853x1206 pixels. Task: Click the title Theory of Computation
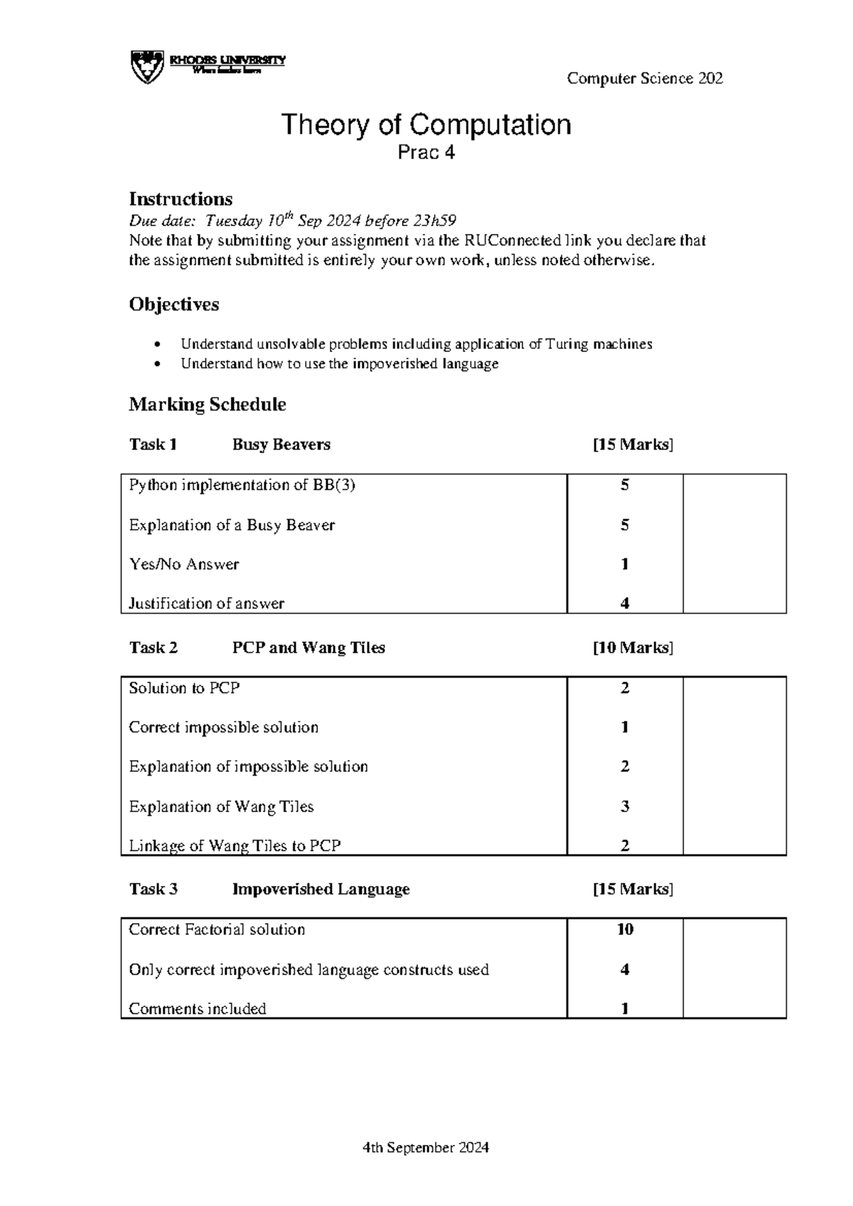(426, 124)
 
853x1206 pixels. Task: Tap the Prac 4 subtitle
(426, 152)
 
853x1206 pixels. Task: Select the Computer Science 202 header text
(645, 79)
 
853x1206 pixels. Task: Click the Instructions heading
(181, 198)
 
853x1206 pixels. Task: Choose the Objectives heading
(173, 304)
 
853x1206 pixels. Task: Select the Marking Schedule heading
(207, 405)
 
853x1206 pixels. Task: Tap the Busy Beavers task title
(281, 444)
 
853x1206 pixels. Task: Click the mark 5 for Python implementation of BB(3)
(624, 485)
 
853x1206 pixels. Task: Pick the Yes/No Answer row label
(183, 564)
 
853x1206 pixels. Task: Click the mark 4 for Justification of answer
(624, 603)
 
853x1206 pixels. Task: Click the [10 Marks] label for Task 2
(633, 648)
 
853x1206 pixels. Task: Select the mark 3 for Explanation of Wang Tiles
(624, 806)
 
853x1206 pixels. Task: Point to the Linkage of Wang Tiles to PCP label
(235, 845)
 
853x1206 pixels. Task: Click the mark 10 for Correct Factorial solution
(624, 929)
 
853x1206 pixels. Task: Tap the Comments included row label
(197, 1008)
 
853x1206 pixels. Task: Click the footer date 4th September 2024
(425, 1147)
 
